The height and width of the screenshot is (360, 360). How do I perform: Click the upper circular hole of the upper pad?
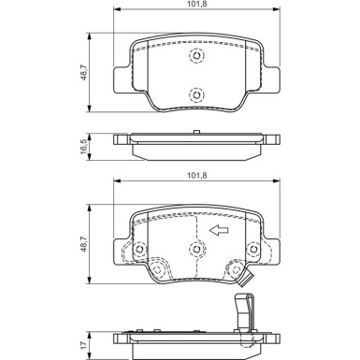click(196, 57)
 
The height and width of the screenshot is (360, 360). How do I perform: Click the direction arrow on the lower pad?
click(220, 231)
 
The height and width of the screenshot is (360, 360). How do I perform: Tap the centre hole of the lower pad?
click(196, 249)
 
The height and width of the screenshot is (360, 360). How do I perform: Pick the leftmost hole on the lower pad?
click(138, 251)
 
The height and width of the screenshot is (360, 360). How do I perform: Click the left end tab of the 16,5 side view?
click(120, 141)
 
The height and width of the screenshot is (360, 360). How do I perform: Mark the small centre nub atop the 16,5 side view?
click(196, 134)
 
